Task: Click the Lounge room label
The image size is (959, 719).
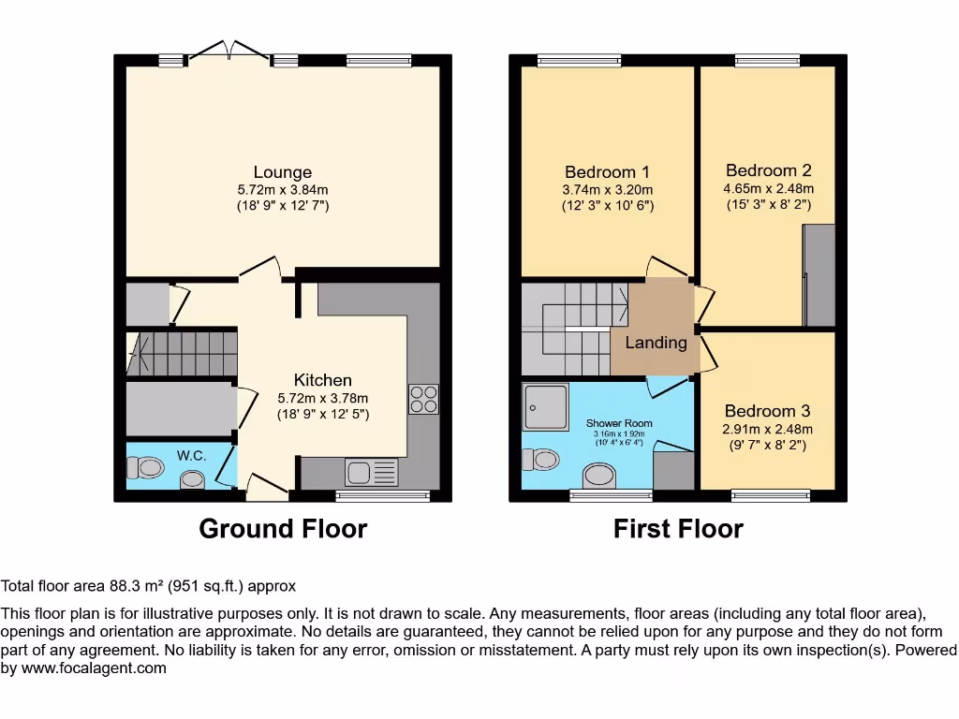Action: (282, 172)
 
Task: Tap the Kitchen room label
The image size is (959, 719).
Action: (322, 380)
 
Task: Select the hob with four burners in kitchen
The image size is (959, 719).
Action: (422, 400)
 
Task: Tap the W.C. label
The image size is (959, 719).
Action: (191, 456)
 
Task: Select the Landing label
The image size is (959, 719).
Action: (656, 343)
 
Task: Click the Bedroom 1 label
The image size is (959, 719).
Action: (607, 172)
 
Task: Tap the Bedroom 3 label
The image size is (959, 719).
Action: (767, 411)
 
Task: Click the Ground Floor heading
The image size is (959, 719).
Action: (283, 529)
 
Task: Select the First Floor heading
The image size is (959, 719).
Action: (678, 529)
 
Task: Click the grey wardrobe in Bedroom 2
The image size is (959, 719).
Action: (819, 275)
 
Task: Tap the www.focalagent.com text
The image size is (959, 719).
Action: (92, 668)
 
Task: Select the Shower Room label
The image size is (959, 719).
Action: (619, 423)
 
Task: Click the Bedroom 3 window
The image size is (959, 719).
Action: (771, 494)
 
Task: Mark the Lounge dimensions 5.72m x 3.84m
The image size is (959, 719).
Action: (282, 188)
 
